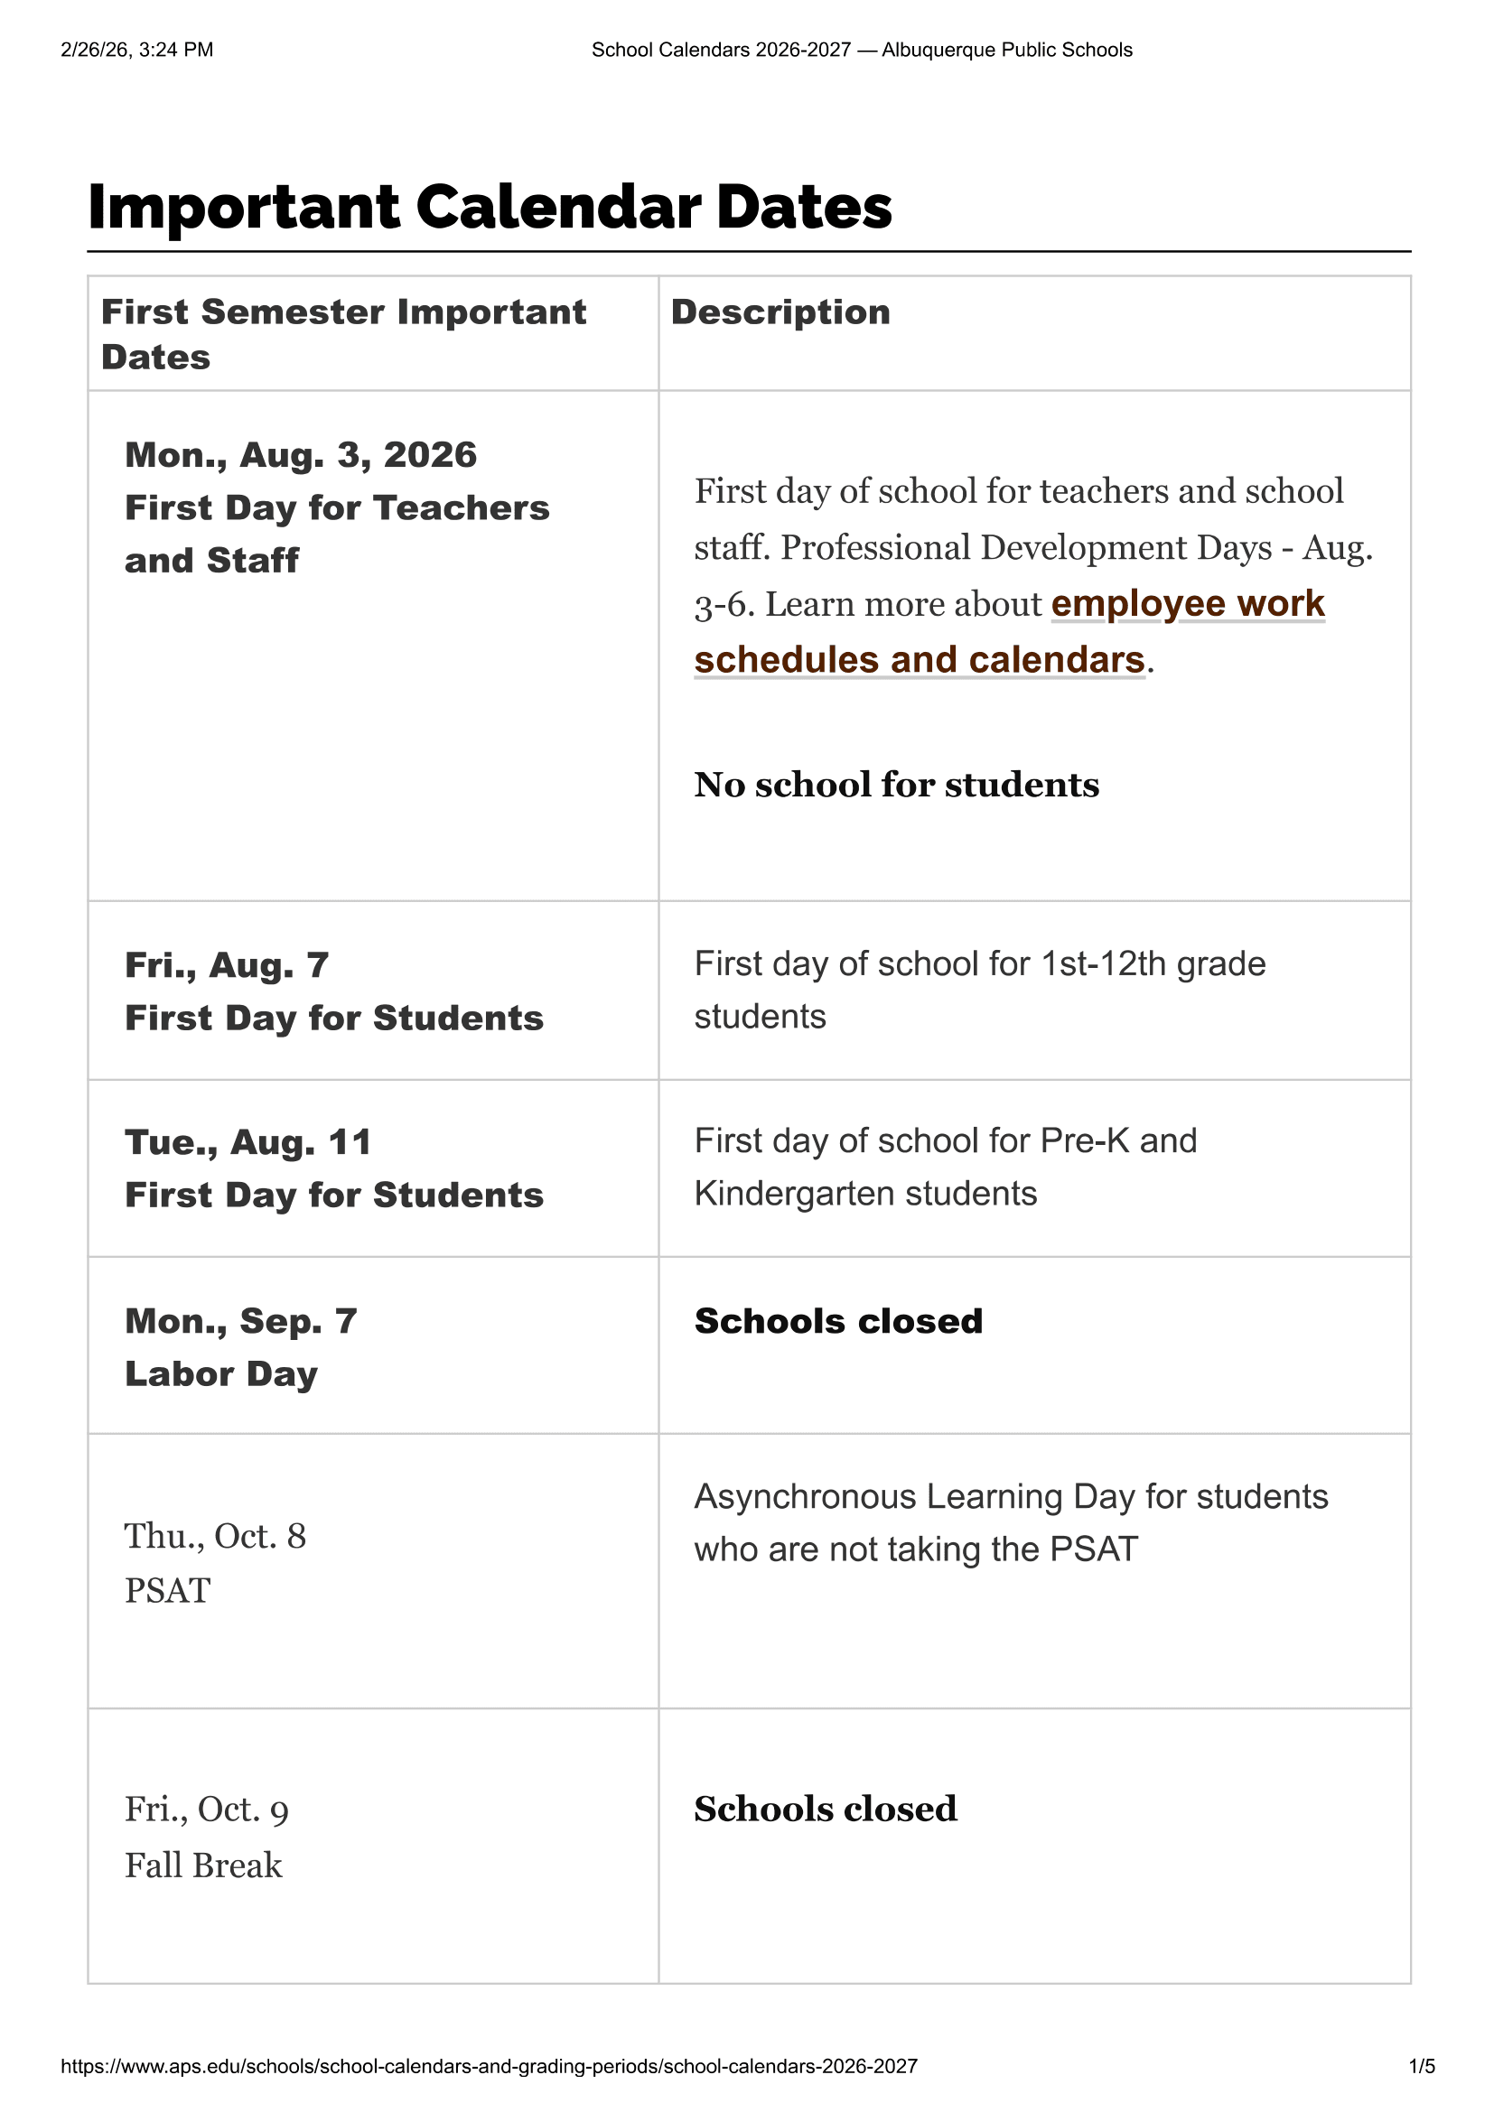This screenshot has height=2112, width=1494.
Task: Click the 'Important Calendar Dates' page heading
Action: click(x=490, y=207)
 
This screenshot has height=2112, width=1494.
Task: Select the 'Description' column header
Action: click(x=780, y=312)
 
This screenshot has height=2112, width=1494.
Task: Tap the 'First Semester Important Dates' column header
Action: click(x=343, y=334)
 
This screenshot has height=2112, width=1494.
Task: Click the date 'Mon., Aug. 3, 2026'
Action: click(x=301, y=455)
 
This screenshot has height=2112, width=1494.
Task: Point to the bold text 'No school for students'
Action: click(x=896, y=785)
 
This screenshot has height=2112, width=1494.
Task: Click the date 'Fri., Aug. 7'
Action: click(x=227, y=965)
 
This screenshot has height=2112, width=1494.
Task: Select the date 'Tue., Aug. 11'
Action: click(x=248, y=1142)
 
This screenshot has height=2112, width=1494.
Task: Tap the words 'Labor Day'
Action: click(x=220, y=1374)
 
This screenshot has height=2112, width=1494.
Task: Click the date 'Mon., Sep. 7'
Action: click(x=241, y=1321)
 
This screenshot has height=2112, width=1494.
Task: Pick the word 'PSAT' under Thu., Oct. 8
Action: click(x=167, y=1590)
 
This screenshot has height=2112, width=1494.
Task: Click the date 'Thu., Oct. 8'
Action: click(x=215, y=1536)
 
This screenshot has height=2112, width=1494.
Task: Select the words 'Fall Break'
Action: click(x=203, y=1865)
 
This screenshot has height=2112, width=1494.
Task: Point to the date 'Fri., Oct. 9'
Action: click(x=207, y=1810)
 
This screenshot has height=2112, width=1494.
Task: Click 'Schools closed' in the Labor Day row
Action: click(x=838, y=1321)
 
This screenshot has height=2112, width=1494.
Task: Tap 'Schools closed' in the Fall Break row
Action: click(x=826, y=1809)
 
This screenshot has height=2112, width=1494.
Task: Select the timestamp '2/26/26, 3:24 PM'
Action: click(x=137, y=50)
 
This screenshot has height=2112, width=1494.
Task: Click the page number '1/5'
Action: click(x=1422, y=2066)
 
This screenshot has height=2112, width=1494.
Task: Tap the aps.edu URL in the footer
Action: click(x=490, y=2066)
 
